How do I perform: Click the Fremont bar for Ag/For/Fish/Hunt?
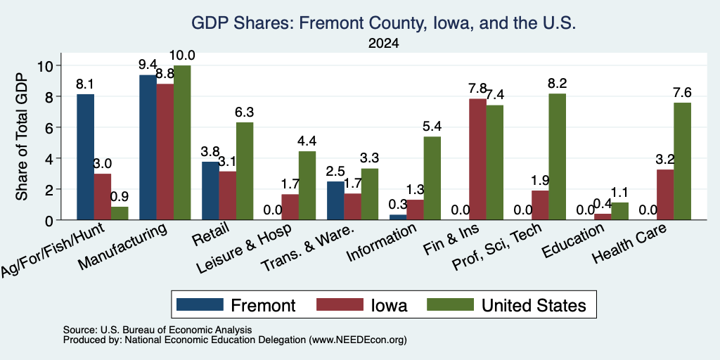click(85, 157)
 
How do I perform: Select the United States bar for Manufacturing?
click(182, 143)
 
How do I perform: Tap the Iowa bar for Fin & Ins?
click(477, 160)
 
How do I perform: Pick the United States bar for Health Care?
click(682, 161)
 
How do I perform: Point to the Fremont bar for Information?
click(398, 217)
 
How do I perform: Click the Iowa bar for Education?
click(603, 217)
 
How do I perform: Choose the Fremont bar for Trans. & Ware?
click(335, 200)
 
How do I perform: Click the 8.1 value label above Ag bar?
click(85, 84)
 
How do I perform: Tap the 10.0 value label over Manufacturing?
click(182, 56)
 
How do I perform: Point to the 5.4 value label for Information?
click(432, 127)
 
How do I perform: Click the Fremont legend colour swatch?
click(200, 304)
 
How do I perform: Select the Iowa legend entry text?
click(389, 305)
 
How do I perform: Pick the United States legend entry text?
click(534, 305)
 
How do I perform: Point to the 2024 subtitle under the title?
click(383, 44)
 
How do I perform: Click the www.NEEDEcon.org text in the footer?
click(358, 340)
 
